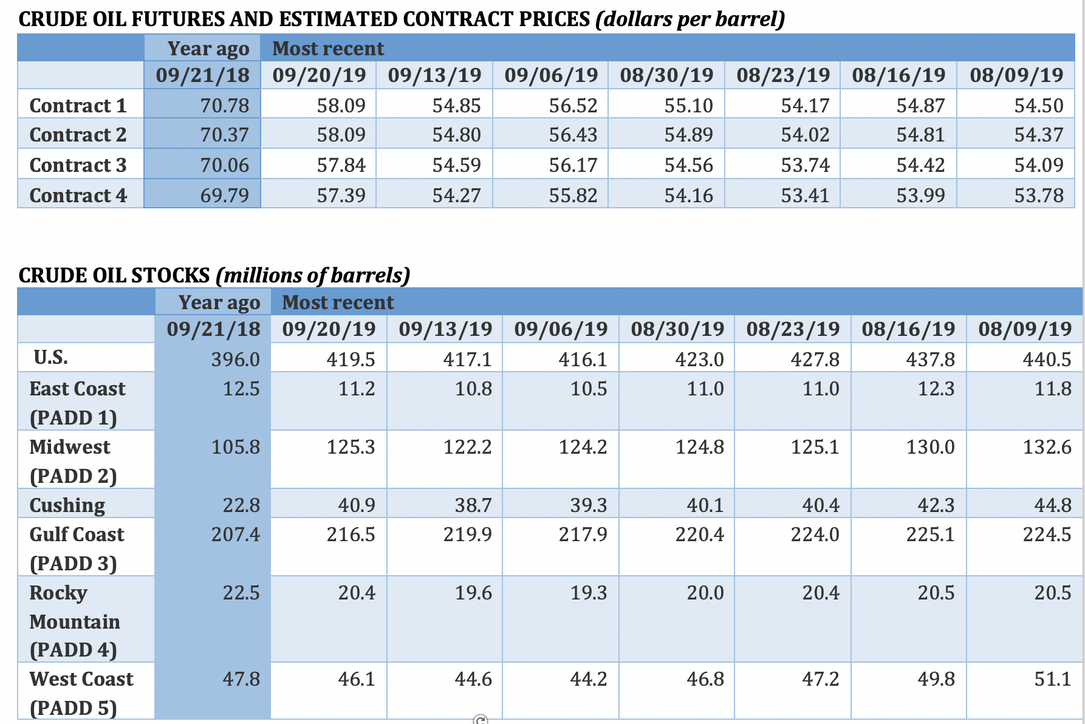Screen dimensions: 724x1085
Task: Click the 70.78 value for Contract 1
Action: (224, 106)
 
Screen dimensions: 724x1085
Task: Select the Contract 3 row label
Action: (78, 165)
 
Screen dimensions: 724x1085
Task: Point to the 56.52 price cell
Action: (573, 106)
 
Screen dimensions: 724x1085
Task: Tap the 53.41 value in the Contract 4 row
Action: (805, 196)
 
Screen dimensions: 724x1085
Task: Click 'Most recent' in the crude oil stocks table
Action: (338, 302)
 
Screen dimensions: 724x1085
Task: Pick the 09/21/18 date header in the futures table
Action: (202, 75)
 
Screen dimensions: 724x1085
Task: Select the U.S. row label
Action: (51, 357)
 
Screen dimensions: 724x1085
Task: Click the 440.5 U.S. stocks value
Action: (1047, 360)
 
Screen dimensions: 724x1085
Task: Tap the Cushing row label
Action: (67, 505)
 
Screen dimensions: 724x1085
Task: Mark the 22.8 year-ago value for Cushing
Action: (241, 505)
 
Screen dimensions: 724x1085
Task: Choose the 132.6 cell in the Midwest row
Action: (1047, 448)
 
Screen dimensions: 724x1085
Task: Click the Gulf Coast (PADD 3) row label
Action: (76, 548)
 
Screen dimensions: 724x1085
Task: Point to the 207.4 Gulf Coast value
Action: (235, 534)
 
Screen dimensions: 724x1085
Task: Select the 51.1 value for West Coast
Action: (1052, 679)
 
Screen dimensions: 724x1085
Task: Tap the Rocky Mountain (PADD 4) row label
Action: (74, 621)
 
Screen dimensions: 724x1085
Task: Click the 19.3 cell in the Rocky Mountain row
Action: (588, 593)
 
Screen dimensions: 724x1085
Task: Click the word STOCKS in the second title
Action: (170, 276)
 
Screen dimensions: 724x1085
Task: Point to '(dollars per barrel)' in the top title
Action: (690, 19)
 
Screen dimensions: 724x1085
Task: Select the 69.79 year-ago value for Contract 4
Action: (224, 196)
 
